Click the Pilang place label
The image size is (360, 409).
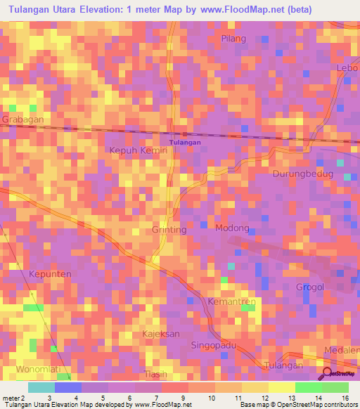coord(234,38)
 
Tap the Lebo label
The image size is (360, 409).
coord(347,67)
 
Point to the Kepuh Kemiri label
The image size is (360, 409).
coord(138,150)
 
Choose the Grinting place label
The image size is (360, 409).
coord(169,230)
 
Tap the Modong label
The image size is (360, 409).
coord(232,228)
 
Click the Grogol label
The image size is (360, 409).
coord(310,287)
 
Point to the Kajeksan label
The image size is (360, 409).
coord(161,333)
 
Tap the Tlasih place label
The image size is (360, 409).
coord(156,373)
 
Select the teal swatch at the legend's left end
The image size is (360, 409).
coord(41,387)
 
